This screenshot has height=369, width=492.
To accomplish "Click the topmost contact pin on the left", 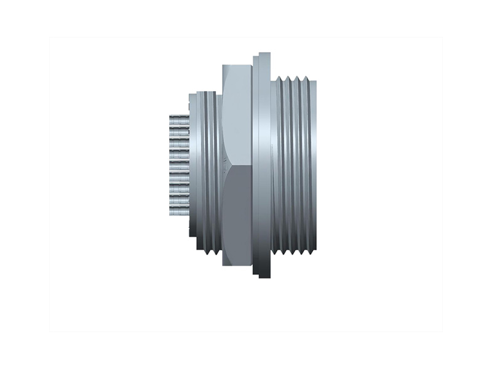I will coord(179,117).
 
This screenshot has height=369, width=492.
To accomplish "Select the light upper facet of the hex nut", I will coord(236,117).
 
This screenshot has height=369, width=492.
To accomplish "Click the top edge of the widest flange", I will coord(264,54).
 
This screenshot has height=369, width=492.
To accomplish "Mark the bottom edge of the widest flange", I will coord(264,276).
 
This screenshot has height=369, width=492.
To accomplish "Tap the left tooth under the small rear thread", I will coord(202,250).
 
